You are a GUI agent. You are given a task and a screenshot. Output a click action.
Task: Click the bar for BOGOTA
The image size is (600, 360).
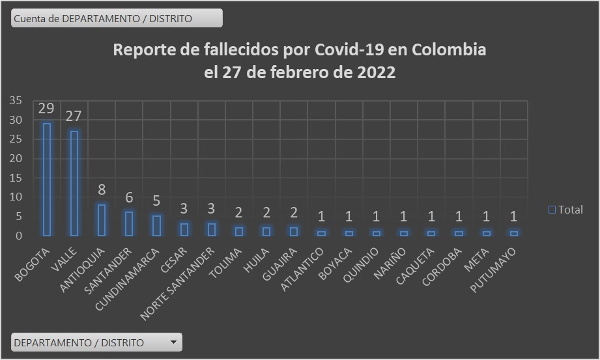pyautogui.click(x=47, y=179)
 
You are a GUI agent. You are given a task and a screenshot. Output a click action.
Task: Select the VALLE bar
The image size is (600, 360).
pyautogui.click(x=74, y=183)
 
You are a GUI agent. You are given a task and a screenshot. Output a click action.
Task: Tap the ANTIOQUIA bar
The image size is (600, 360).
pyautogui.click(x=102, y=220)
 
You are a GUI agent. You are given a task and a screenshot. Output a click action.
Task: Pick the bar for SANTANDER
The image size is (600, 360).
pyautogui.click(x=129, y=223)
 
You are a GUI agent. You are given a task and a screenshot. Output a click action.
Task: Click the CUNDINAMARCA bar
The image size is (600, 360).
pyautogui.click(x=156, y=225)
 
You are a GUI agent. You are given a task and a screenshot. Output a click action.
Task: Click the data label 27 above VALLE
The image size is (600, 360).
pyautogui.click(x=74, y=116)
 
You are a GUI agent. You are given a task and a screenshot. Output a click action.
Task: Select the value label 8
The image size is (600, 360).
pyautogui.click(x=102, y=191)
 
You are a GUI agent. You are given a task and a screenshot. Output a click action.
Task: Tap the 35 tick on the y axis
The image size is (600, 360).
pyautogui.click(x=16, y=100)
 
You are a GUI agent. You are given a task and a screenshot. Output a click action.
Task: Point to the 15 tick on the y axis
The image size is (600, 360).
pyautogui.click(x=16, y=178)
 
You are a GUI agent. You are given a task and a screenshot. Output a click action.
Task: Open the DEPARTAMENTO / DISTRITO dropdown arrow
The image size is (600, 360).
pyautogui.click(x=173, y=342)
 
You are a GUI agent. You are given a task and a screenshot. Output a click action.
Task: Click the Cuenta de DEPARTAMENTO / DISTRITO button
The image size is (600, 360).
pyautogui.click(x=117, y=18)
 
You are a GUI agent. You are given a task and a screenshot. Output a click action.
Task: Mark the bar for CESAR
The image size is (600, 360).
pyautogui.click(x=184, y=229)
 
